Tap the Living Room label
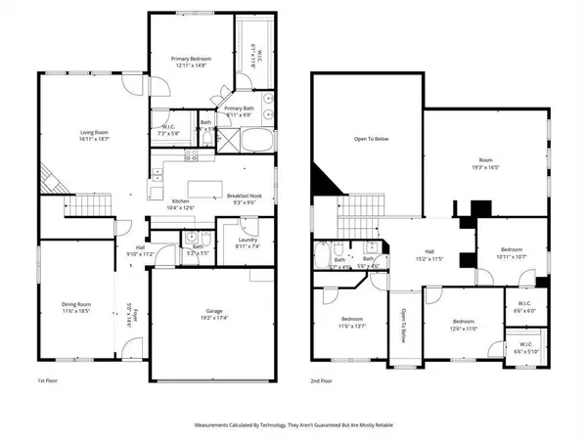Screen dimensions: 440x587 [x=96, y=138]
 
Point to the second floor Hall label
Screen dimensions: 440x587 [x=430, y=253]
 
